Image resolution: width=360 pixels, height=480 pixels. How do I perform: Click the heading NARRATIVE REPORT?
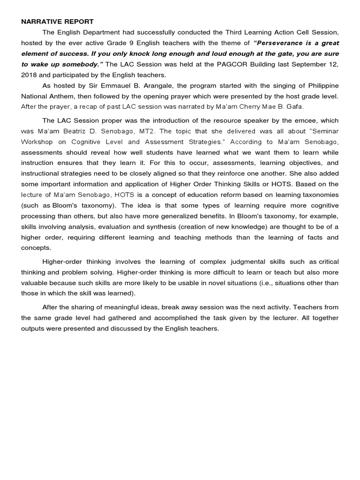point(57,22)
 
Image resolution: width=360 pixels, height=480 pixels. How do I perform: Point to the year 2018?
point(29,75)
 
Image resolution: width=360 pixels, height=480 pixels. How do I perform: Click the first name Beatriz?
point(78,131)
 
